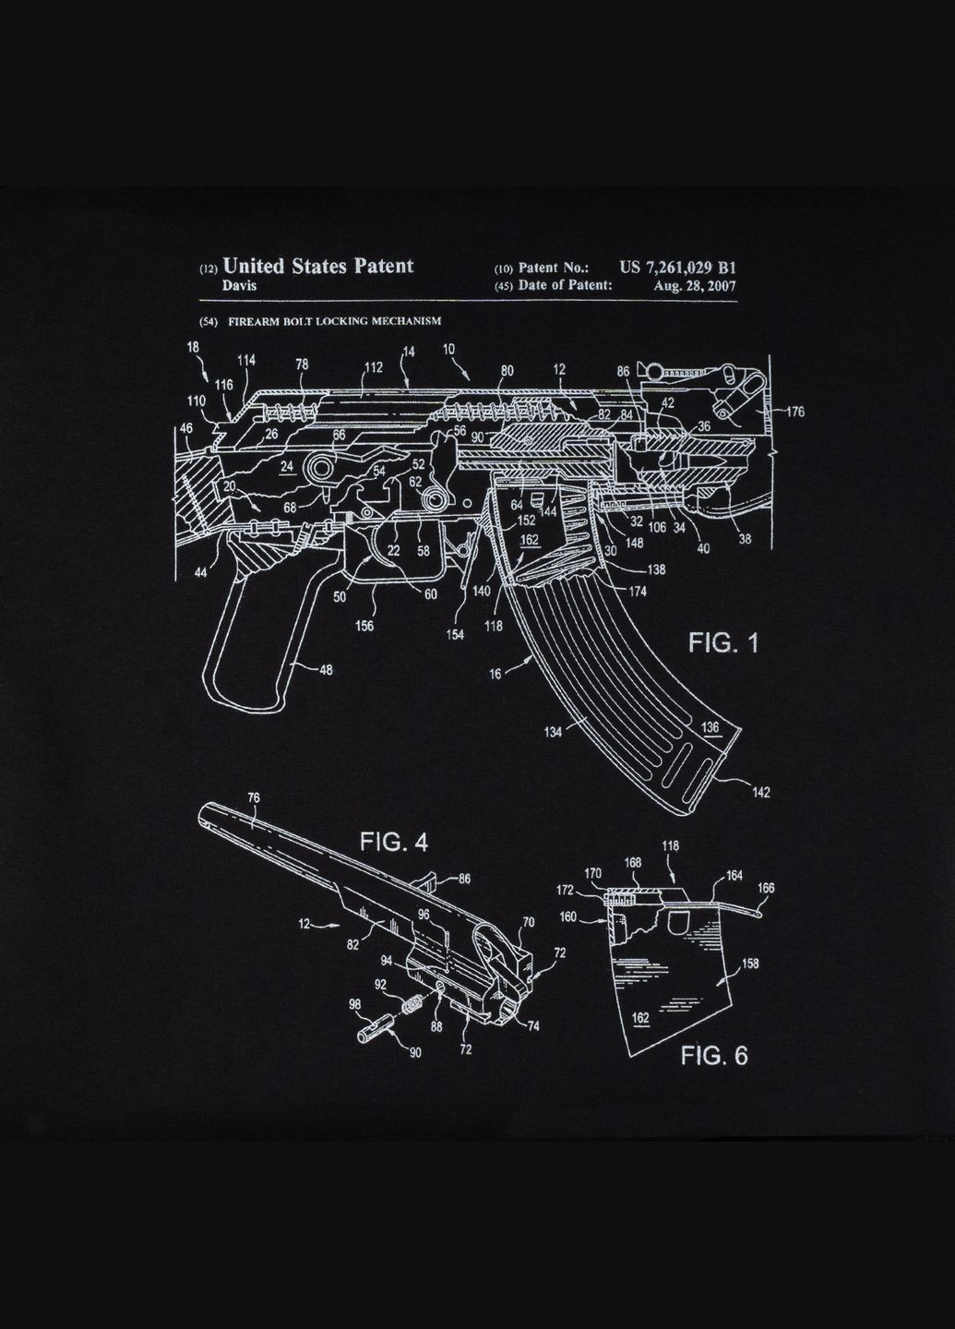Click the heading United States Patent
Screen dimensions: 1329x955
pos(318,266)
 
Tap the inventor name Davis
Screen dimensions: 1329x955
pos(239,285)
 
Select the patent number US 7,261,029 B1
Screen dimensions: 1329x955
pos(678,267)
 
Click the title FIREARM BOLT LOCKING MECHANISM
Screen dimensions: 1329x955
pos(335,321)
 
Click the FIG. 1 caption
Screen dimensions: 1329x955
pos(723,642)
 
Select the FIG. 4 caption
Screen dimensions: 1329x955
pos(393,842)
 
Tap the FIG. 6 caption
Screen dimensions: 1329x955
pos(714,1055)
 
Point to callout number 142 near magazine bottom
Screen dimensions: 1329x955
pos(760,792)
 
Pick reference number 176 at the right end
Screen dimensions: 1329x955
pos(794,412)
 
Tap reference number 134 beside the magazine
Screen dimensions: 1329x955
pos(552,732)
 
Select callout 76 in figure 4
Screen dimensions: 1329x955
pos(254,797)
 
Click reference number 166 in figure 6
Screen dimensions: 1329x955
pos(766,888)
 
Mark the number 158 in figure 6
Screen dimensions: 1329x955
pos(749,964)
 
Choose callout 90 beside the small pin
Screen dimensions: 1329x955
pos(414,1053)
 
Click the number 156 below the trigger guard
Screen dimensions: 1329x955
pos(364,626)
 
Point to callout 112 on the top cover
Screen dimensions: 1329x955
pos(373,367)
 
